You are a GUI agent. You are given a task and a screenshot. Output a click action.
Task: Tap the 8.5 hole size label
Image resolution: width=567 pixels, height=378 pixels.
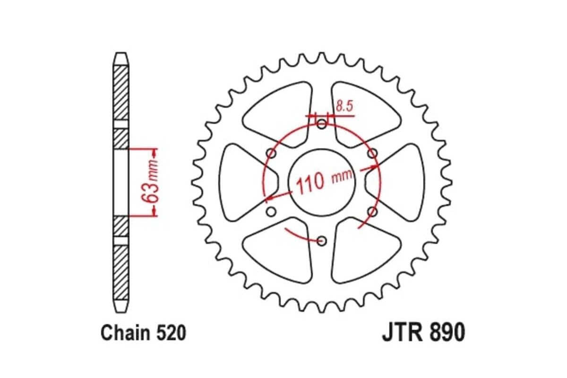pos(344,106)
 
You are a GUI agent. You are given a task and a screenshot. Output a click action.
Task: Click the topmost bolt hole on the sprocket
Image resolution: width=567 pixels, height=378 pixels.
pos(322,124)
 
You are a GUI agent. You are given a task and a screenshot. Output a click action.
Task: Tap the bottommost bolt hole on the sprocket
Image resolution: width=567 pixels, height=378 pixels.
pos(322,241)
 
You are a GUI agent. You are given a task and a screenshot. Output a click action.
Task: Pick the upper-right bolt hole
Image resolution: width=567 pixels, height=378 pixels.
pos(373,153)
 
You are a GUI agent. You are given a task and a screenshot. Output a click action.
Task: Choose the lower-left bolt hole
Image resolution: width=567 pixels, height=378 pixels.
pos(271,212)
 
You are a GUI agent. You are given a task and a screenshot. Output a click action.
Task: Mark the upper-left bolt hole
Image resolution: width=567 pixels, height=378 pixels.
pos(271,153)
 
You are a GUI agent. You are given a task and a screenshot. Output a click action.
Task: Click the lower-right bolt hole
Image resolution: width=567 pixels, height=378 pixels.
pos(372,212)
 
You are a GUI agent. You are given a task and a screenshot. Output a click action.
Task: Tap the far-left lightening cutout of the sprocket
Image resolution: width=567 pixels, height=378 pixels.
pos(241,182)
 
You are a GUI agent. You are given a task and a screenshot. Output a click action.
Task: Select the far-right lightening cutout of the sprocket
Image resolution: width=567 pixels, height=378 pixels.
pos(402,182)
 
